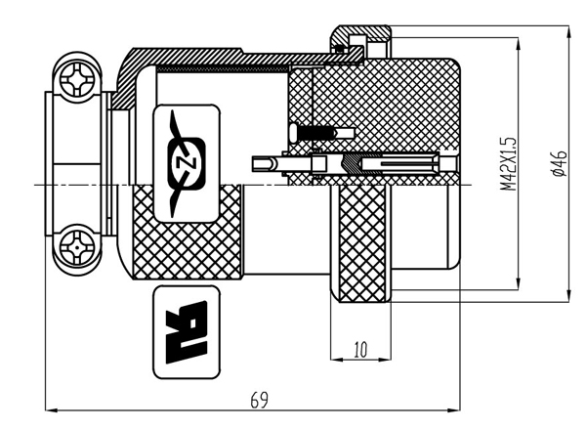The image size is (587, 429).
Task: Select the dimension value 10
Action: [360, 349]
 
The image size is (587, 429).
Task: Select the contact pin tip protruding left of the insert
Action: [259, 161]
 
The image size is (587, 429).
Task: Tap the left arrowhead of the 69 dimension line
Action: [49, 410]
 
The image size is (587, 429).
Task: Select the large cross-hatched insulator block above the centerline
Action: [381, 107]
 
